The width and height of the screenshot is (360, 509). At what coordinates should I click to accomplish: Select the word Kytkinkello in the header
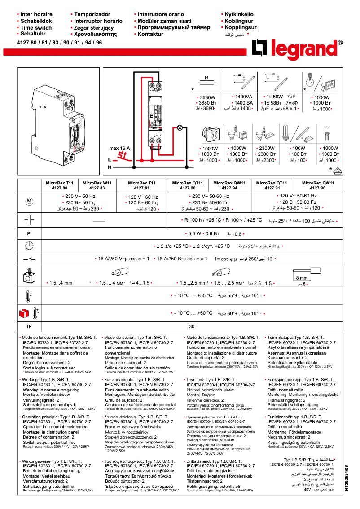click(239, 14)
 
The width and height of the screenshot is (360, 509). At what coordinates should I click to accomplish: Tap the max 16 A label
click(119, 148)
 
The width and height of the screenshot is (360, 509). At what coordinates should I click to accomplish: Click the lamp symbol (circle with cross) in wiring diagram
click(180, 128)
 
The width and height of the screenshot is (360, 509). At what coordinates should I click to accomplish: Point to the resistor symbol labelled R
click(206, 83)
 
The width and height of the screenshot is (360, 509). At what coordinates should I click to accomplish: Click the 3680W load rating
click(207, 97)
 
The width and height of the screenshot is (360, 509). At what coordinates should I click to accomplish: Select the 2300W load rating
click(266, 149)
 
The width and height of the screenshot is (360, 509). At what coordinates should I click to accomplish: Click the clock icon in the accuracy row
click(29, 246)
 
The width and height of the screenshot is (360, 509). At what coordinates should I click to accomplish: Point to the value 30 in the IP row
click(192, 326)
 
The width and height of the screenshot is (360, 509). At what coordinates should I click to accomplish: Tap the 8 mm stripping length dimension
click(301, 278)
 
